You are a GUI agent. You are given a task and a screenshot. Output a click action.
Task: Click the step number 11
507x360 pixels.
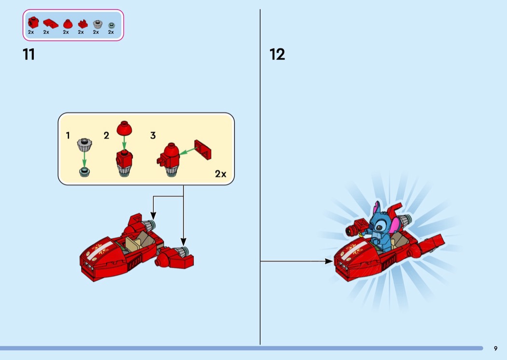coord(29,55)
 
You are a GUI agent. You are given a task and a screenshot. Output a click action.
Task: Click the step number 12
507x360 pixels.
coord(277,55)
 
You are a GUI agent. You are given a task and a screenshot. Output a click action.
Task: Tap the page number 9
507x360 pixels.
coord(496,348)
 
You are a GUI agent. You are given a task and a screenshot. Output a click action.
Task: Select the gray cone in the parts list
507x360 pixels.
coord(98,24)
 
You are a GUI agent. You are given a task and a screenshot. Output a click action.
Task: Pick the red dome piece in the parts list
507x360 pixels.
coord(68,24)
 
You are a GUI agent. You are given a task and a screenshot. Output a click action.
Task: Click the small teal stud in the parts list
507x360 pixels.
coord(111,26)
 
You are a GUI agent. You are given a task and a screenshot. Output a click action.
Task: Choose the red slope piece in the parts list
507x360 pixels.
coord(50,24)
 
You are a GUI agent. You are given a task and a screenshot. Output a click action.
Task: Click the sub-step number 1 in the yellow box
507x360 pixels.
coord(68,136)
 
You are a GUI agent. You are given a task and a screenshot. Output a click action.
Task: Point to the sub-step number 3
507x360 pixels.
coord(153,136)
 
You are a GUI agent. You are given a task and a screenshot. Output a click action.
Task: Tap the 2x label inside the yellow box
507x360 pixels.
coord(221,174)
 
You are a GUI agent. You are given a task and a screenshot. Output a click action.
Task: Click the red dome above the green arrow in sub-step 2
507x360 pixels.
coord(124,128)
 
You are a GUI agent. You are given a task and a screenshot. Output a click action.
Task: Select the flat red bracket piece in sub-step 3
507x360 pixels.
coord(203,150)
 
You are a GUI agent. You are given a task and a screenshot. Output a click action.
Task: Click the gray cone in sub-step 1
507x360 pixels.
coord(84,145)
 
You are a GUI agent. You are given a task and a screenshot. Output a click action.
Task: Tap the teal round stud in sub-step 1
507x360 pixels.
coord(84,172)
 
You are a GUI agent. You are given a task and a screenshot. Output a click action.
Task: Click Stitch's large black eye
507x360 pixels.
coord(379,228)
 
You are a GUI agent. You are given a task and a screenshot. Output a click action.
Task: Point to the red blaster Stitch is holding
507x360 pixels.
coord(356,227)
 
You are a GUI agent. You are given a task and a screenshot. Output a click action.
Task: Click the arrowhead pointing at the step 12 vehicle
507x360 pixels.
coord(329,261)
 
